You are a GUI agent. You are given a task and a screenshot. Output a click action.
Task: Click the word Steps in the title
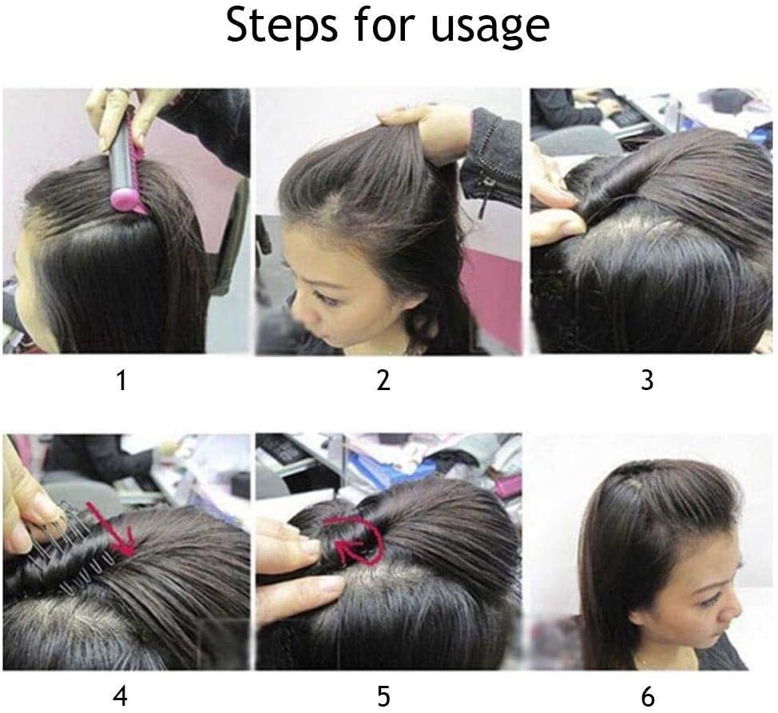(281, 25)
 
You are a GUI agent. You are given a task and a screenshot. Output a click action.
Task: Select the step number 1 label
(122, 380)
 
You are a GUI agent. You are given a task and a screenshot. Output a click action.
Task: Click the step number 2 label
(383, 380)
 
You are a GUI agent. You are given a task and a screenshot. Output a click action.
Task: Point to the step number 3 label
(647, 380)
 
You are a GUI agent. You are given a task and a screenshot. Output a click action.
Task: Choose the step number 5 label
(383, 696)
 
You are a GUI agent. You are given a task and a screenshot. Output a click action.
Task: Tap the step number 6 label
(648, 696)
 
